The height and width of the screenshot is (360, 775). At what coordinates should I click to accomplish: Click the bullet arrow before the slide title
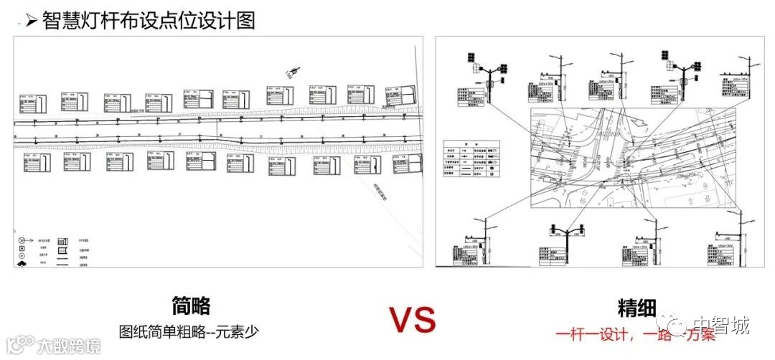pyautogui.click(x=31, y=20)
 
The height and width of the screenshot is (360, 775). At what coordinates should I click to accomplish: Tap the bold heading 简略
pyautogui.click(x=192, y=307)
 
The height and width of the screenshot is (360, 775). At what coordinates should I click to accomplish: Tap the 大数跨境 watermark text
pyautogui.click(x=68, y=346)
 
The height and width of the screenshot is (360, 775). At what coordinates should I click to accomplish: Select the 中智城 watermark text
pyautogui.click(x=725, y=327)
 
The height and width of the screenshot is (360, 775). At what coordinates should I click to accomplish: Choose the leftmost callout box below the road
pyautogui.click(x=34, y=162)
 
